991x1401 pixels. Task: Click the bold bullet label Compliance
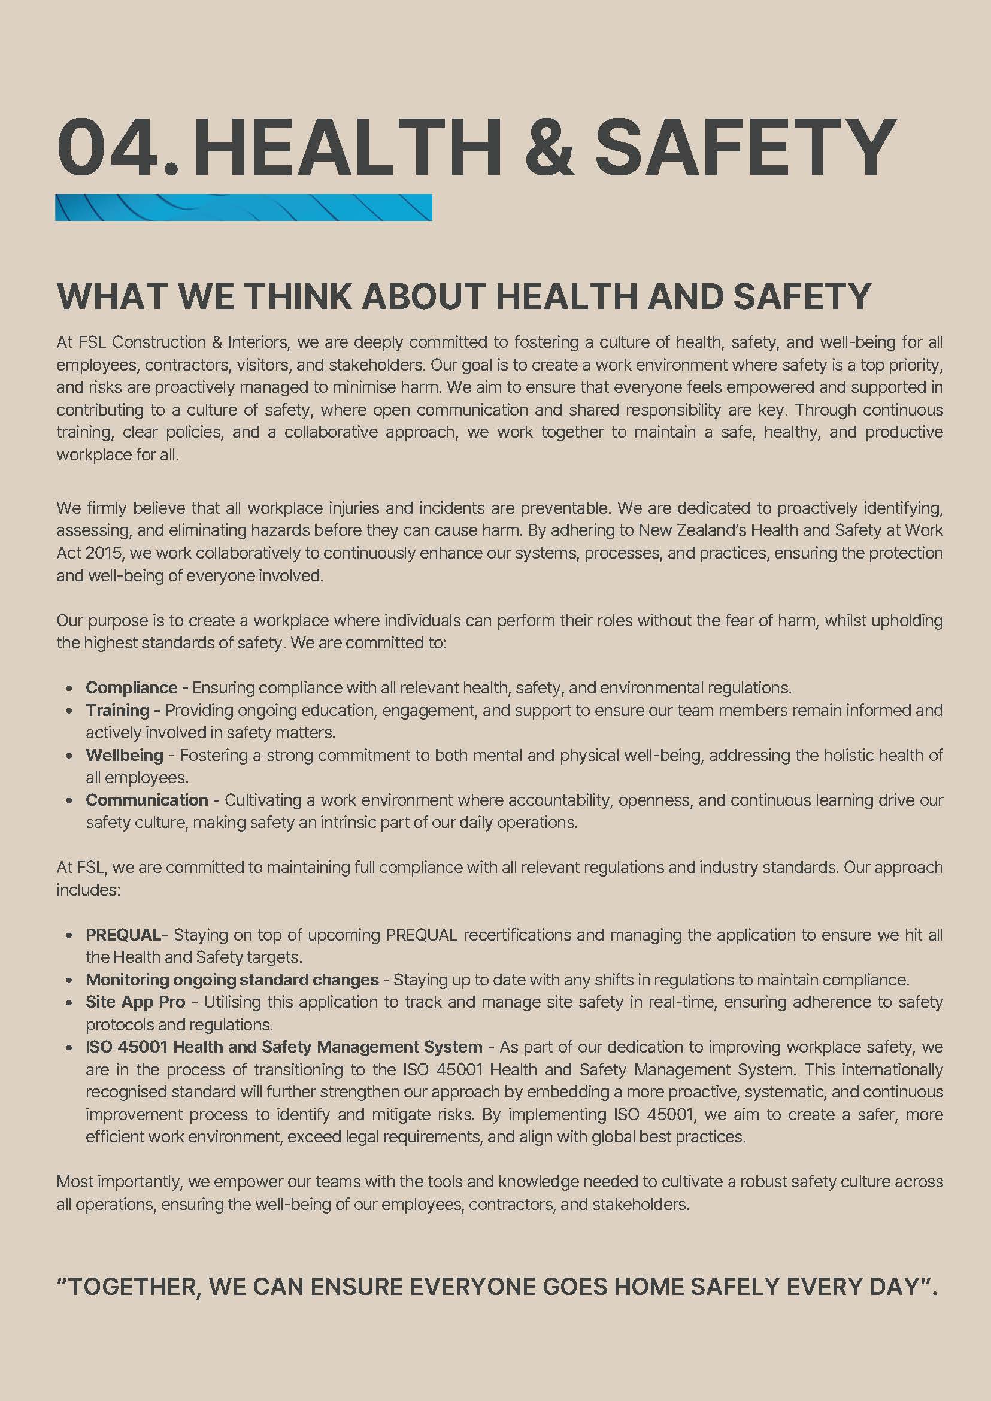coord(131,688)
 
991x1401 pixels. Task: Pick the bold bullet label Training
coord(117,710)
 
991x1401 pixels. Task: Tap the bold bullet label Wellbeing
coord(125,756)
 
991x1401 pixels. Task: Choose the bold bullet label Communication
coord(147,800)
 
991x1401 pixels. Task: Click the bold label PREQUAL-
coord(126,935)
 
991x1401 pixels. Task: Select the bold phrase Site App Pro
coord(135,1002)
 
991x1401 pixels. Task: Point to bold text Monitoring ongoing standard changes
coord(232,980)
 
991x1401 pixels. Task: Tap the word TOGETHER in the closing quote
coord(133,1287)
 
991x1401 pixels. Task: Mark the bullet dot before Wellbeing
coord(71,756)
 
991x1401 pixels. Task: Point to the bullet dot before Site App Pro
coord(71,1002)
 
